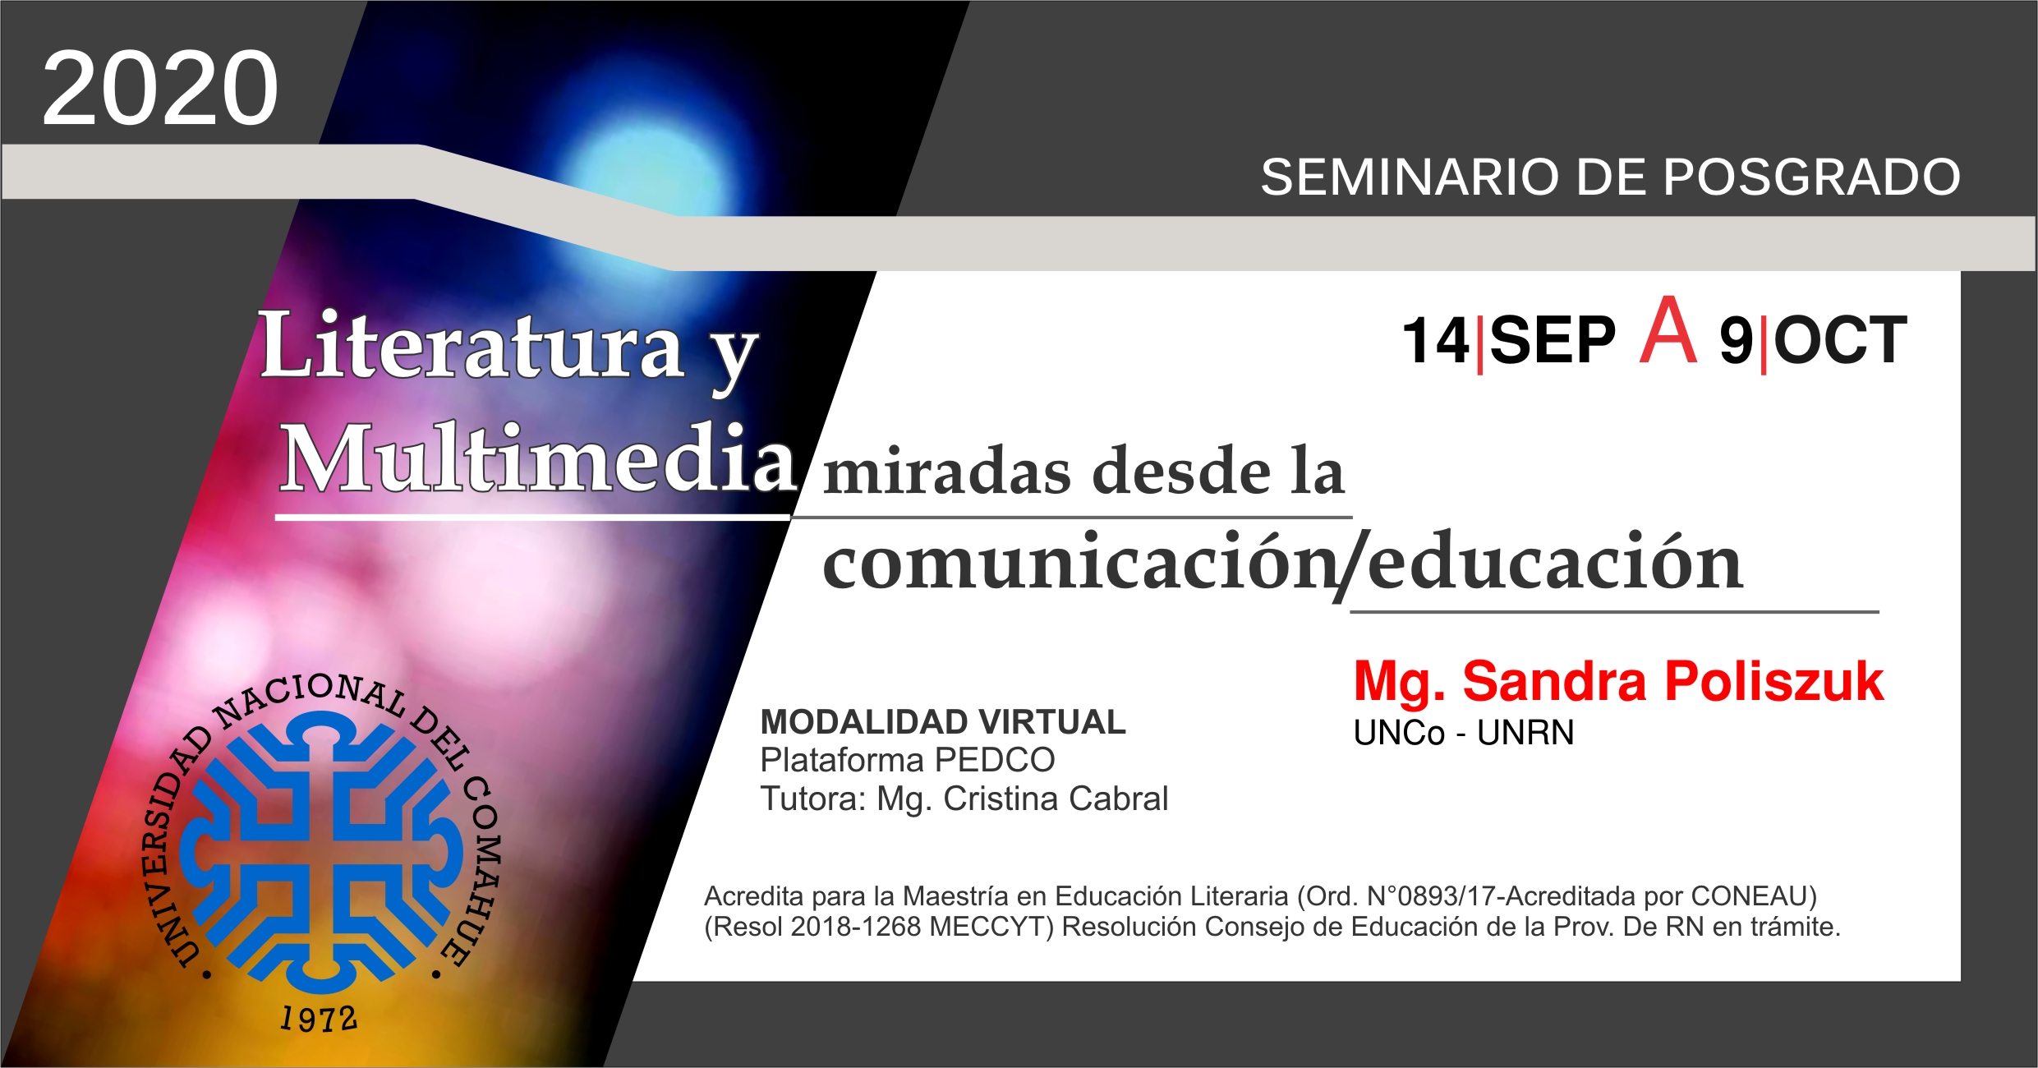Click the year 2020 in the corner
tap(160, 88)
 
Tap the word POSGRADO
tap(1812, 177)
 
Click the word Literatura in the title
tap(472, 345)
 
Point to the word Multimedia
tap(538, 458)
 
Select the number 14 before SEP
tap(1435, 340)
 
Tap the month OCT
tap(1841, 340)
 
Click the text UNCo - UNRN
tap(1464, 733)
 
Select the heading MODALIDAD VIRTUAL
tap(943, 722)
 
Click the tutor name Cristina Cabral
tap(1056, 799)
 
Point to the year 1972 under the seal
tap(319, 1019)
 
